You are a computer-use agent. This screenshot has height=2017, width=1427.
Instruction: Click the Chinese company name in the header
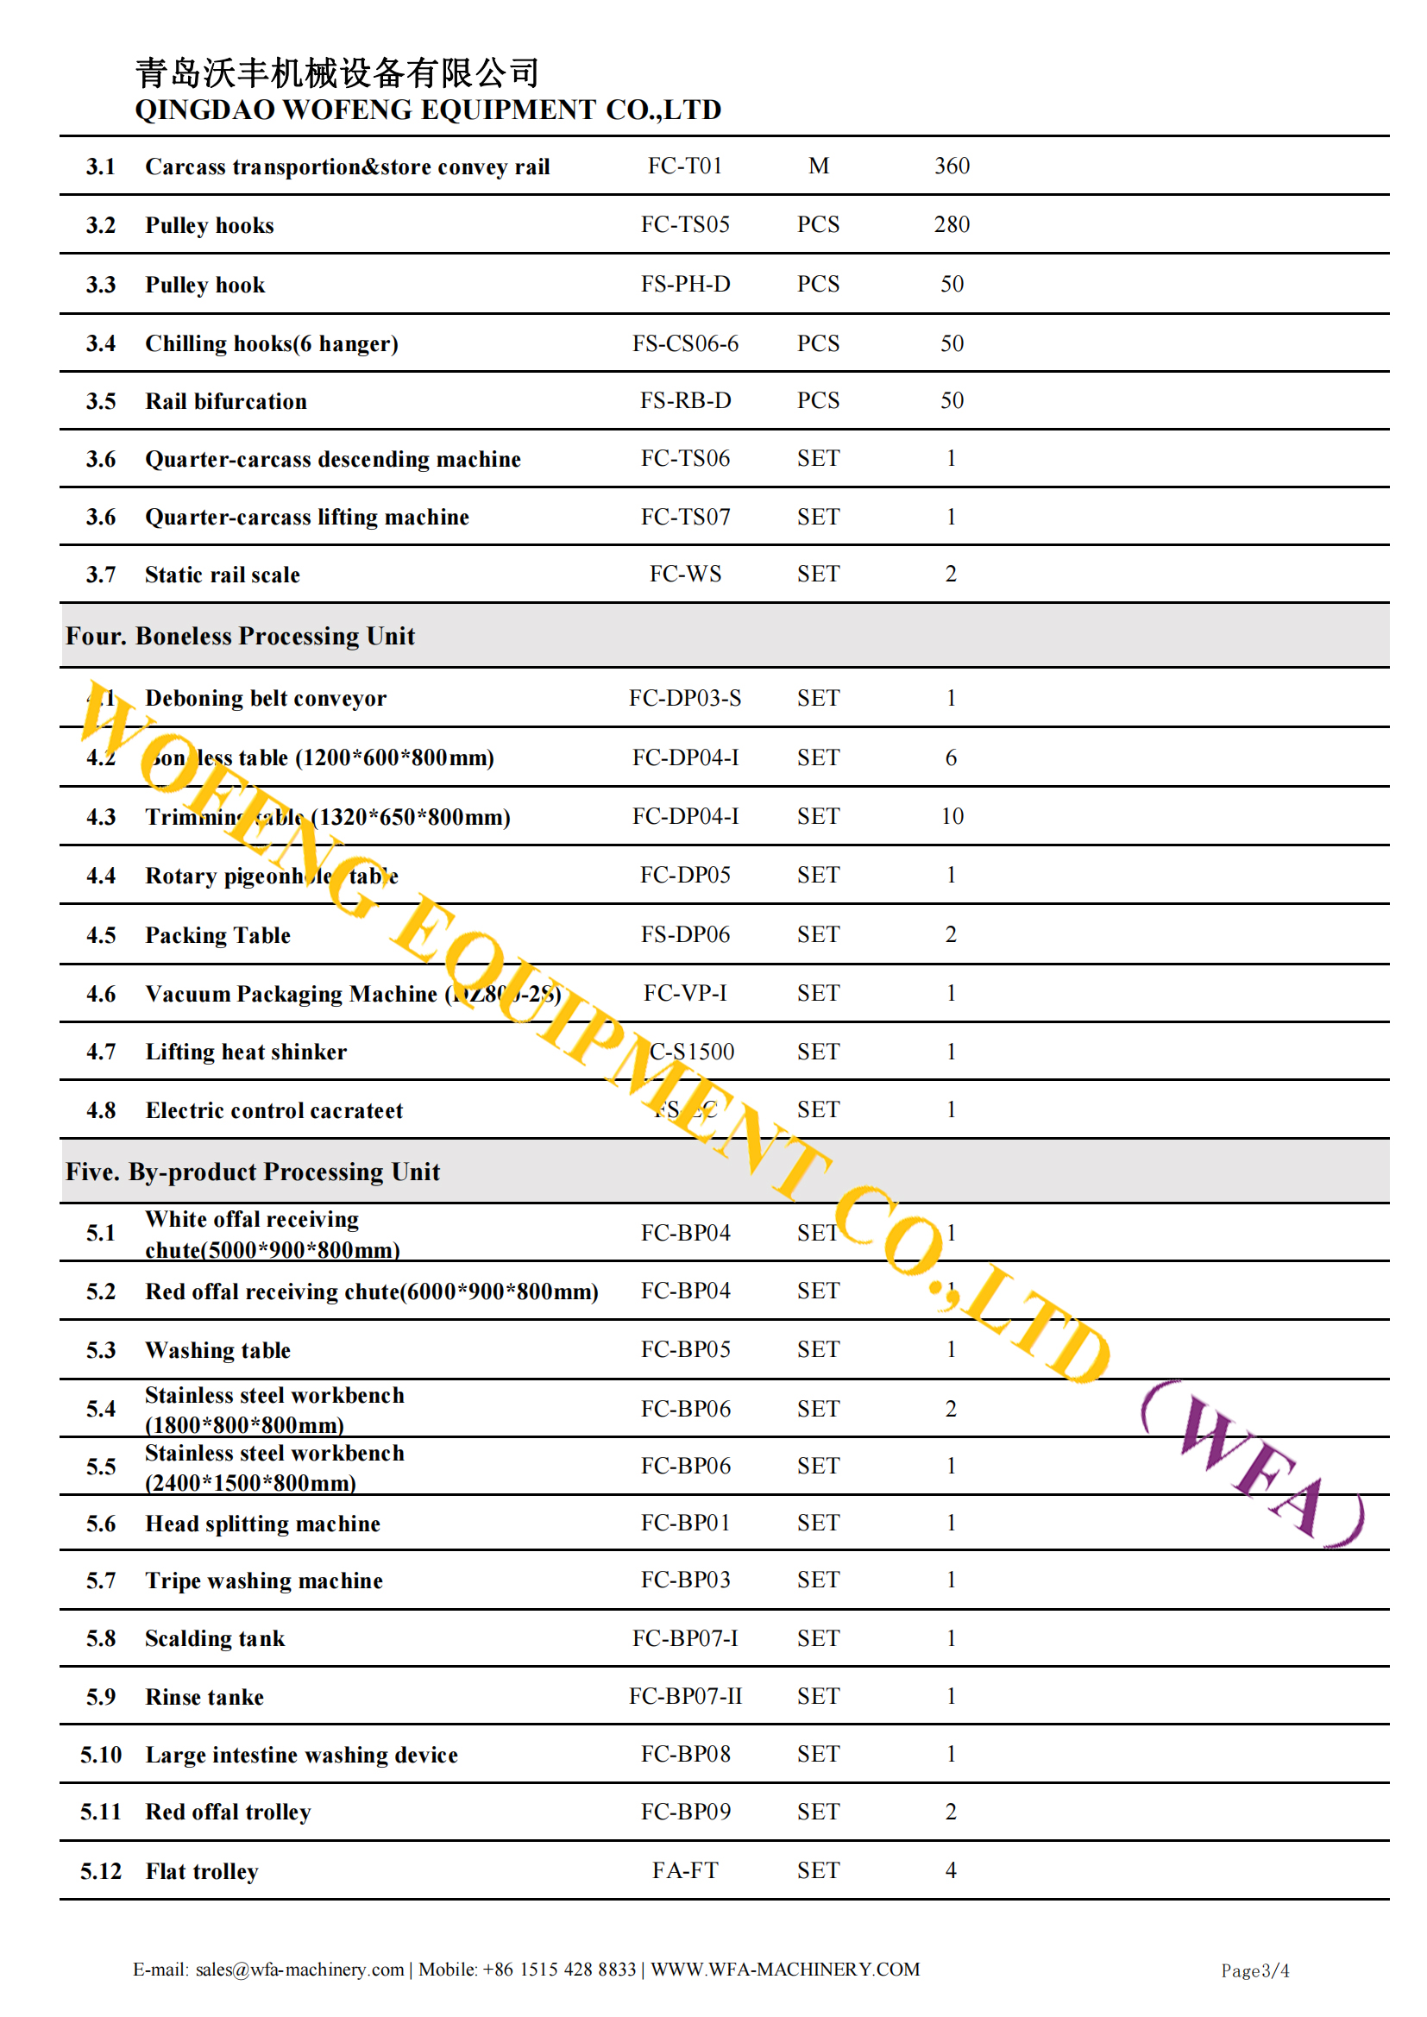[336, 73]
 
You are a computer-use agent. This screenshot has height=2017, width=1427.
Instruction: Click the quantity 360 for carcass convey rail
[952, 166]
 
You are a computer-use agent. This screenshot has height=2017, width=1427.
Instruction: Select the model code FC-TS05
[684, 225]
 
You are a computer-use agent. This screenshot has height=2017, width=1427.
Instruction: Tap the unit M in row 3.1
[818, 166]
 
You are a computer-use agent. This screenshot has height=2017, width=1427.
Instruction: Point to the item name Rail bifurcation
[226, 401]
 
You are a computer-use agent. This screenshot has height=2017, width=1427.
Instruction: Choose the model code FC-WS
[684, 575]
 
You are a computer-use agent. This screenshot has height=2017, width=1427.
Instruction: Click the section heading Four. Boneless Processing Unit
[240, 636]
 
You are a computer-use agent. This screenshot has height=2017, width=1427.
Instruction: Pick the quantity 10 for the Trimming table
[952, 817]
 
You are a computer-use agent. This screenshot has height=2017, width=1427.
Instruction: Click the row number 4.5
[101, 935]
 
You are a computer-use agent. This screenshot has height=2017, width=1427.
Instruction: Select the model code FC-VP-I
[684, 994]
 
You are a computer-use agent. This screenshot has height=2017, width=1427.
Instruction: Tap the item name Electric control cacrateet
[274, 1111]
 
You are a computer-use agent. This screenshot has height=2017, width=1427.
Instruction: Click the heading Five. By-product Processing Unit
[252, 1172]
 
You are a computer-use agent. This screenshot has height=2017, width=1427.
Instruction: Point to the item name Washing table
[218, 1350]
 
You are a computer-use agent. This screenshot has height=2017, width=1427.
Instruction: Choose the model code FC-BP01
[684, 1524]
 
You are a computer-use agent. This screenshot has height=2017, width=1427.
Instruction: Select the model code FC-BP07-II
[684, 1696]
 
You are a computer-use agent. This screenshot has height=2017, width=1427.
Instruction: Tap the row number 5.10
[101, 1756]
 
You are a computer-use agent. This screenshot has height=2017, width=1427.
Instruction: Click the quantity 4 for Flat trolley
[951, 1871]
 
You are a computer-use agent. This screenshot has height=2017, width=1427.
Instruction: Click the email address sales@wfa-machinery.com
[299, 1970]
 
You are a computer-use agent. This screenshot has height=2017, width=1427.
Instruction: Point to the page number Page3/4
[1254, 1970]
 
